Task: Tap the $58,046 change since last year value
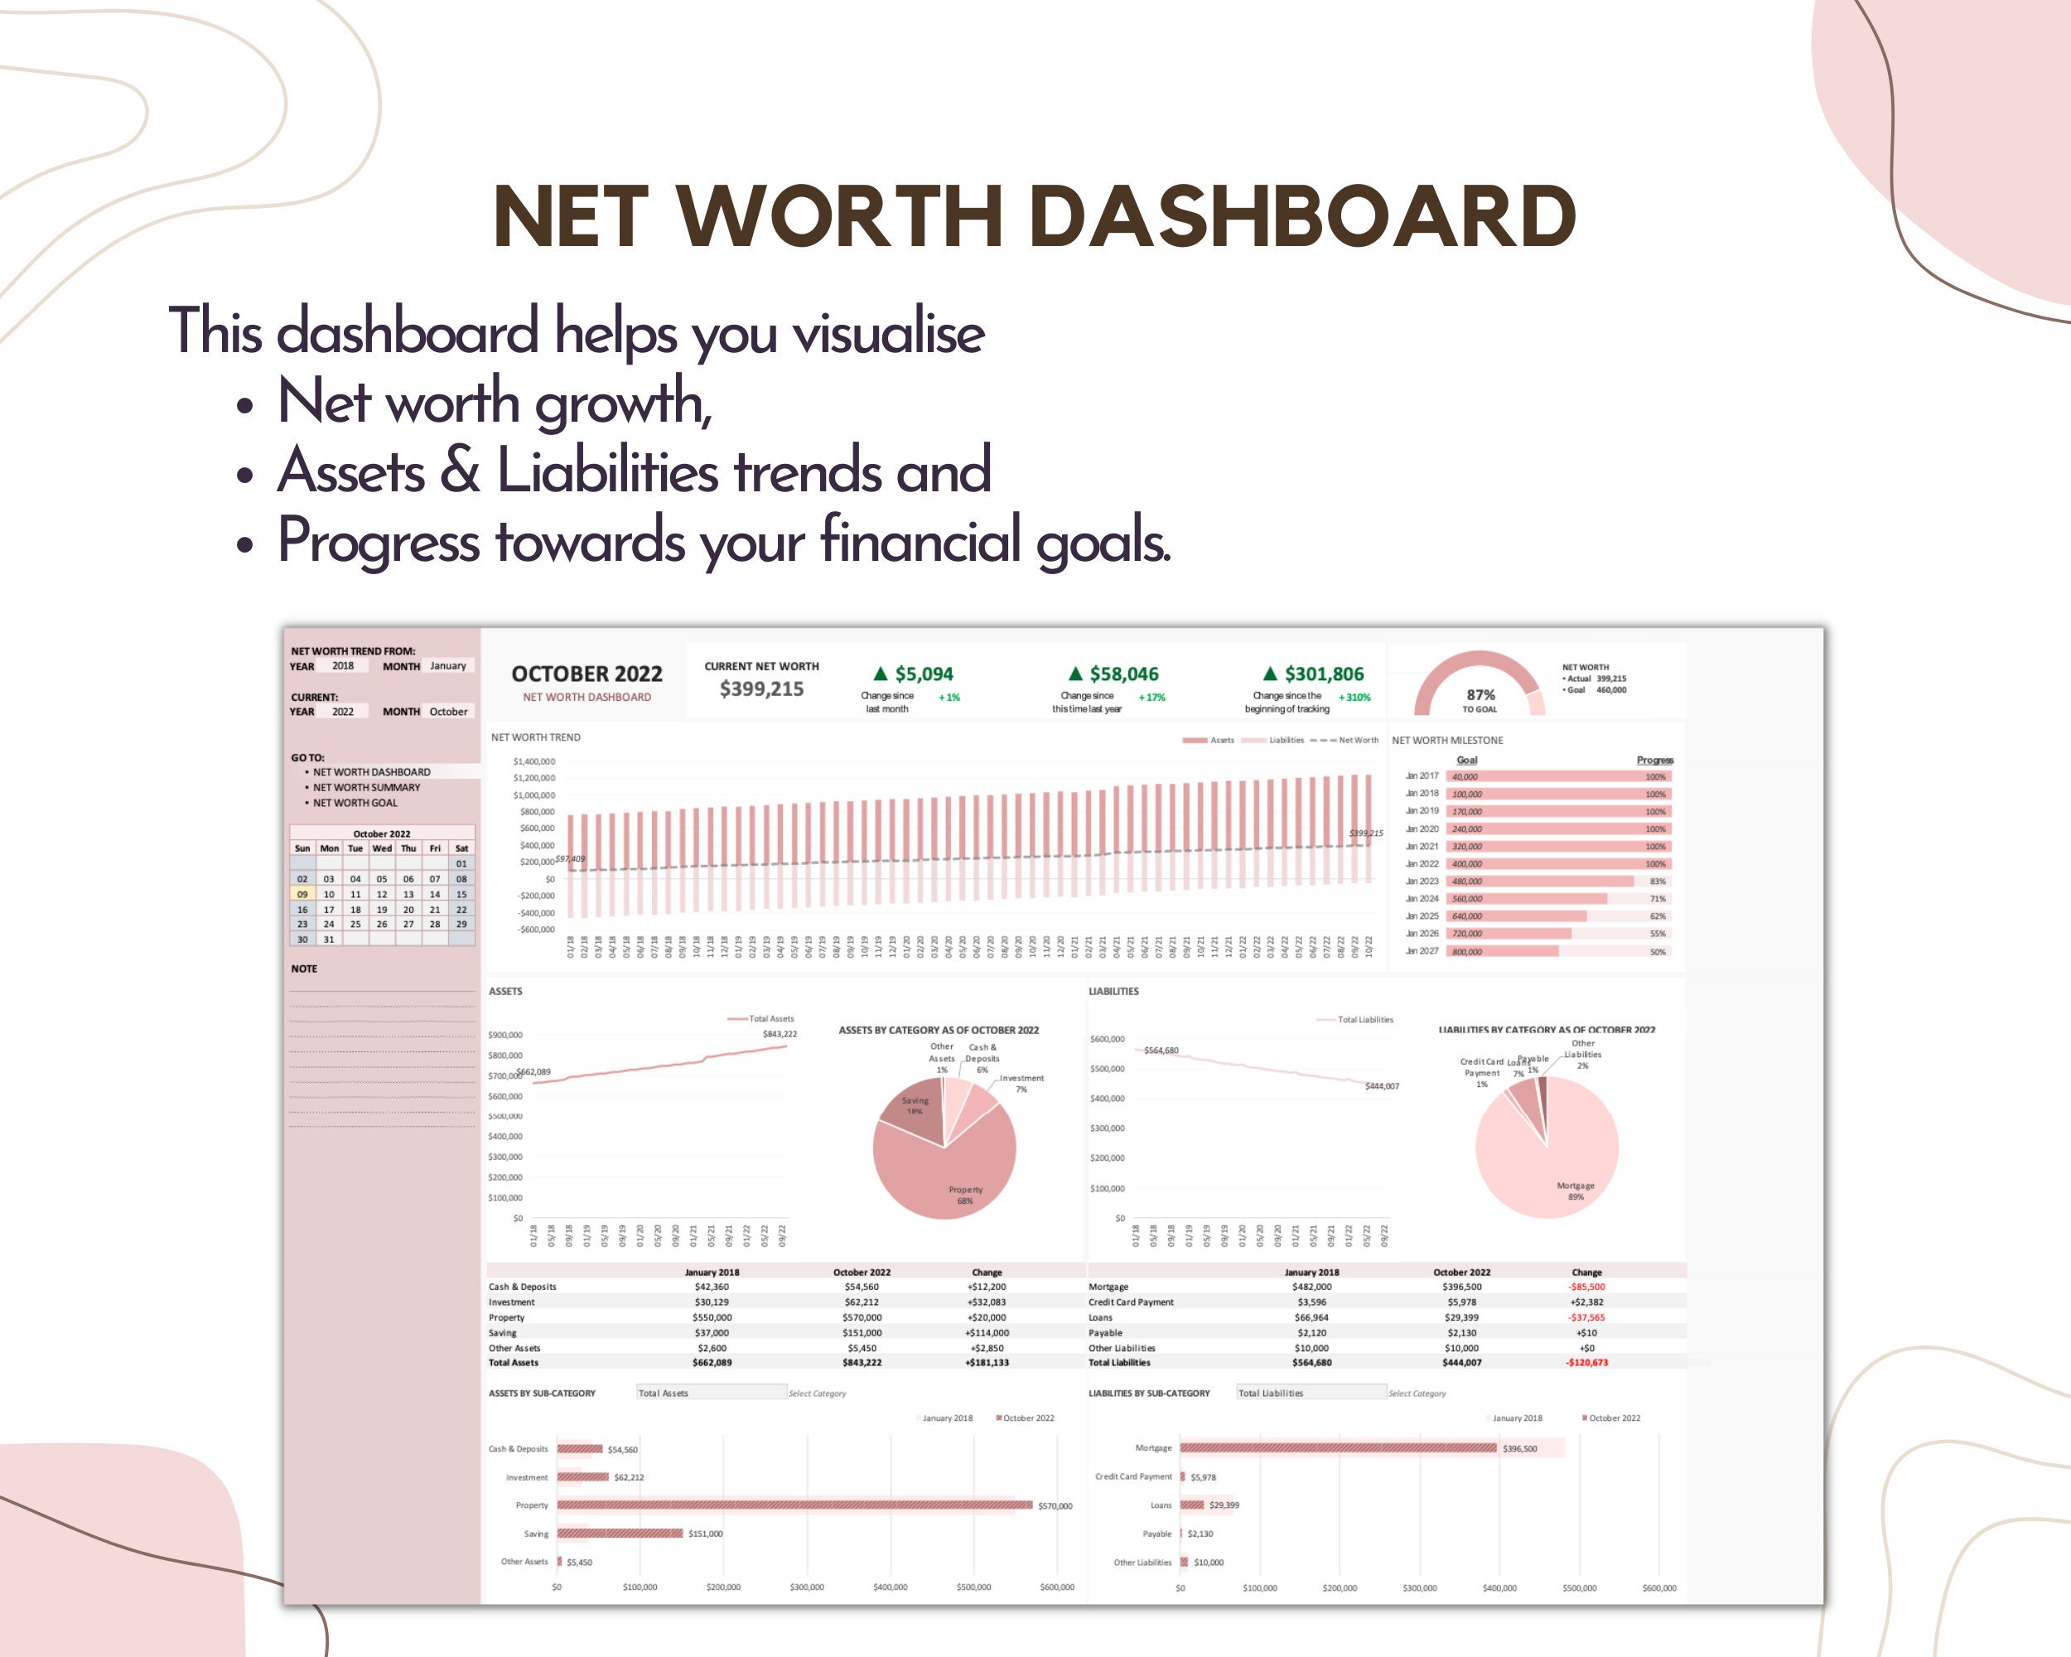click(1123, 674)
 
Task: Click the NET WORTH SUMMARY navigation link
click(366, 788)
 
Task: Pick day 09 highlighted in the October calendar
click(302, 894)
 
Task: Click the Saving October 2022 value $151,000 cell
click(862, 1333)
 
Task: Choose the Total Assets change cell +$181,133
click(987, 1363)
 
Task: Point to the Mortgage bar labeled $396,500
click(1337, 1447)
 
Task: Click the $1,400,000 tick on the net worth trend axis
click(534, 761)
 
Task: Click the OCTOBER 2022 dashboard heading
click(586, 674)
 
